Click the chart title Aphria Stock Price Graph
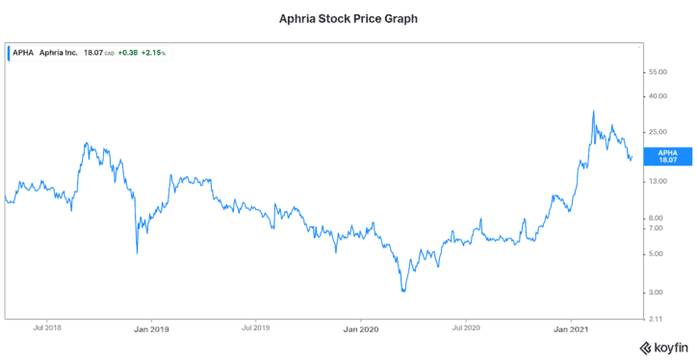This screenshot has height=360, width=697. [348, 17]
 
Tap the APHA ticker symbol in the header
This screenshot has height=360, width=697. [23, 53]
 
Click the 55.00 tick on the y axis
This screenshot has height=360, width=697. [658, 72]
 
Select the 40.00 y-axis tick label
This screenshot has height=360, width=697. [658, 96]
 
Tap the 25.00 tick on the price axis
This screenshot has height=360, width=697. [658, 131]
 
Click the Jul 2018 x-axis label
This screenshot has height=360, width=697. [48, 328]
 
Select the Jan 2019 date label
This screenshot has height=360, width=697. [150, 328]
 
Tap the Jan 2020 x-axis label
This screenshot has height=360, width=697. [360, 328]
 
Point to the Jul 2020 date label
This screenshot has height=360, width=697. [466, 328]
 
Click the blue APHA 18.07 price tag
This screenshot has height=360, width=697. [667, 156]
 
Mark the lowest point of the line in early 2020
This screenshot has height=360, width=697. [402, 291]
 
